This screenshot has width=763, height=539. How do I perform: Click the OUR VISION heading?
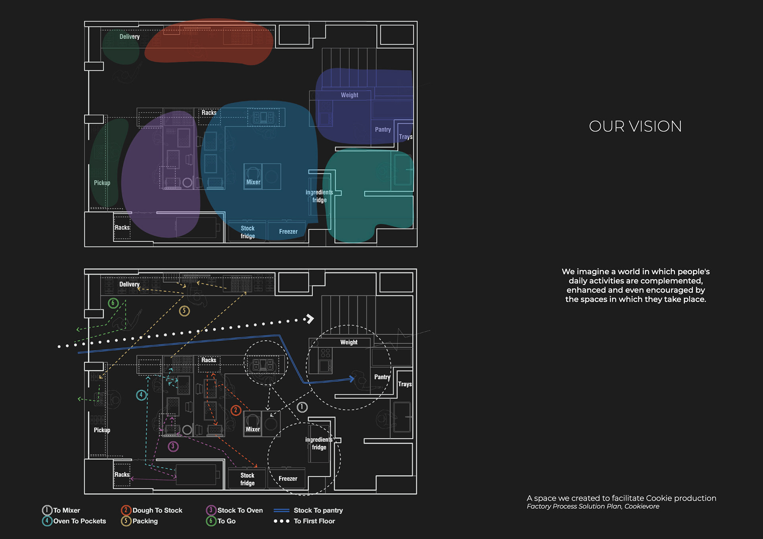coord(635,127)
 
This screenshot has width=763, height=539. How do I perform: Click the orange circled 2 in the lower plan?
coord(236,410)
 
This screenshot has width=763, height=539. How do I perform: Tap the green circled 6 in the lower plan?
coord(113,303)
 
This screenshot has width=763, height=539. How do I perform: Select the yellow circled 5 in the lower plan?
coord(184,311)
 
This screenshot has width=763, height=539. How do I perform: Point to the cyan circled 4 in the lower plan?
coord(141,395)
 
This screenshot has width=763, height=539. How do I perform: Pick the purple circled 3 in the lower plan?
coord(173,446)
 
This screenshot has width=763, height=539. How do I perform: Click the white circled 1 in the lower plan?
coord(302,407)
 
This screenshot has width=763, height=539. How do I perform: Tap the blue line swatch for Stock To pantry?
coord(281,510)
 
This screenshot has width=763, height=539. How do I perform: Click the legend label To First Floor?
coord(314,521)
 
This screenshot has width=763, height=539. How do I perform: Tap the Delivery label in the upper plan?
coord(130,37)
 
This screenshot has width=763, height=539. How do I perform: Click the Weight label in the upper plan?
coord(349,95)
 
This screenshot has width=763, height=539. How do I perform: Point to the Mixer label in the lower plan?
coord(253,429)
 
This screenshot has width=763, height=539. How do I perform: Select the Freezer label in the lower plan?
coord(288,479)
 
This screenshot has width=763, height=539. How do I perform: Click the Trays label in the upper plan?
coord(405,137)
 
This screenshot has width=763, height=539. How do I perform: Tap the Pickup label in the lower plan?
coord(102,430)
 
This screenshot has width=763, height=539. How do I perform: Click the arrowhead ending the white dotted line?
coord(310,319)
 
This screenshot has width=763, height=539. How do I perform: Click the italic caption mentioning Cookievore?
coord(593,506)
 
